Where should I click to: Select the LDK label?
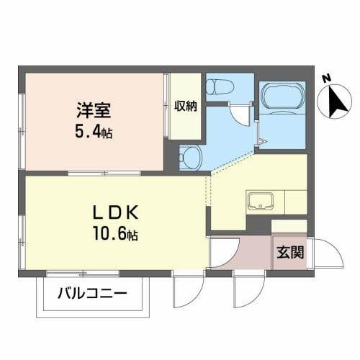116,214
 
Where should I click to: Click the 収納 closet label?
186,107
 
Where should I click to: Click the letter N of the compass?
326,78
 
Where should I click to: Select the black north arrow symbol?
336,102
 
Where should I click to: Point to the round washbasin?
189,155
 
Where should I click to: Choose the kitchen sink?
257,199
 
